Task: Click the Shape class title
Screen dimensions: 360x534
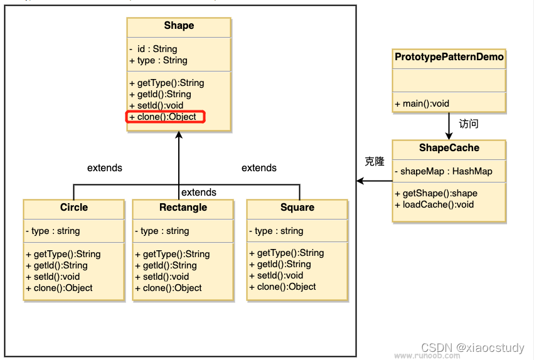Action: tap(179, 26)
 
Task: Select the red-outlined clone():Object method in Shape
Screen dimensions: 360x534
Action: tap(166, 117)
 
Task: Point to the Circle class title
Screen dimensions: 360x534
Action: tap(74, 208)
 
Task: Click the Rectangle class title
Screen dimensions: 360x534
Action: tap(183, 208)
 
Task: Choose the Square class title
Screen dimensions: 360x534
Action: tap(297, 208)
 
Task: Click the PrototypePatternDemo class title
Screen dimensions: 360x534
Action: tap(449, 57)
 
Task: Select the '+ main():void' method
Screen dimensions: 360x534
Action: tap(422, 103)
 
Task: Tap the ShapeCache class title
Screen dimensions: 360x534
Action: tap(449, 148)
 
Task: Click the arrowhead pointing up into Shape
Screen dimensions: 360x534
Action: tap(179, 135)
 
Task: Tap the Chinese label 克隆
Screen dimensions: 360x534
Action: tap(375, 162)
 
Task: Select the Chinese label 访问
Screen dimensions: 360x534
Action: tap(469, 124)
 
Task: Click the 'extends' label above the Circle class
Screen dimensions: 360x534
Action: tap(105, 168)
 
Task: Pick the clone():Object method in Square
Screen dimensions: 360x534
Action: tap(286, 287)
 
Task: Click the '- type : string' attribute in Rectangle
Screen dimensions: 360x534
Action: tap(170, 231)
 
